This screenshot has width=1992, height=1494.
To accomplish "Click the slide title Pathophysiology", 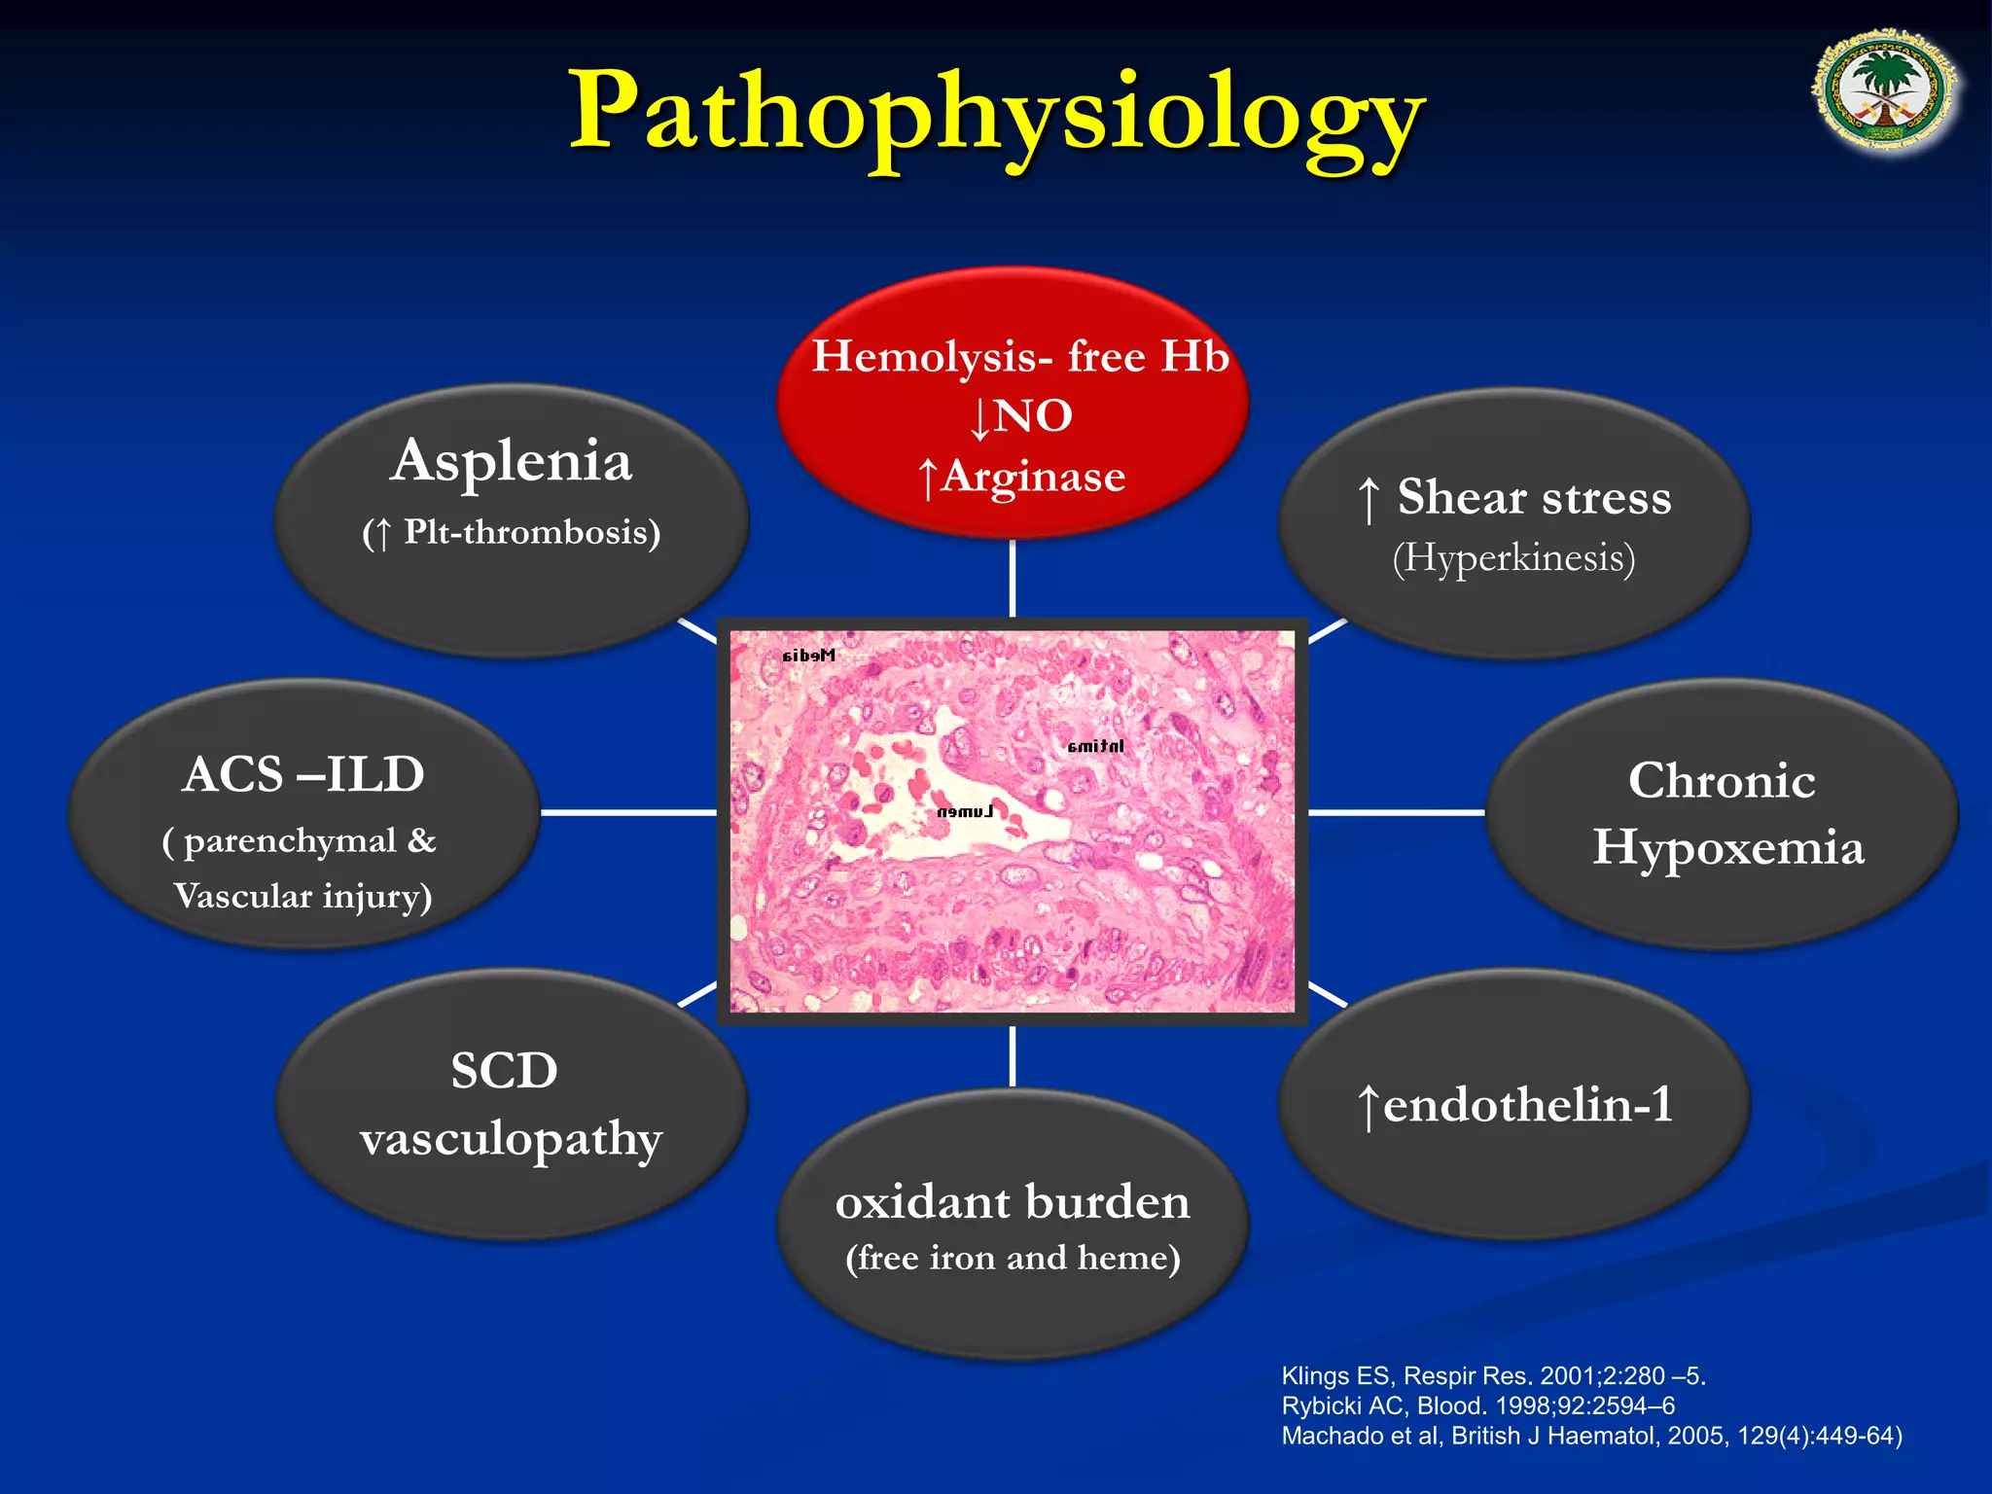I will pos(996,115).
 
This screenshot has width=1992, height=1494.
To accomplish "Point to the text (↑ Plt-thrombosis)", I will pos(512,533).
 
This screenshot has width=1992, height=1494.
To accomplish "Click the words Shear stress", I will pos(1534,497).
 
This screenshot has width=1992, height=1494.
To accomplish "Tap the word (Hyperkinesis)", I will pos(1513,558).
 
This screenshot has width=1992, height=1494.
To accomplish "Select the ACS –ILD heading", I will pos(303,775).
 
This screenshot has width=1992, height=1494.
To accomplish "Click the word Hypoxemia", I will pos(1727,847).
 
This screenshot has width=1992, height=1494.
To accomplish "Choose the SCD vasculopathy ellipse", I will pos(512,1104).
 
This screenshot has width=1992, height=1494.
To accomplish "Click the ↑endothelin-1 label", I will pos(1514,1105).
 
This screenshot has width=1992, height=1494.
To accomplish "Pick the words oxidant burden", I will pos(1013,1202).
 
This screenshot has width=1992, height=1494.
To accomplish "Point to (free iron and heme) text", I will pos(1013,1258).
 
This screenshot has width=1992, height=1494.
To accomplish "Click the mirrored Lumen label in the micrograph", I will pos(965,811).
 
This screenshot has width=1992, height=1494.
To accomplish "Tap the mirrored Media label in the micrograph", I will pos(808,656).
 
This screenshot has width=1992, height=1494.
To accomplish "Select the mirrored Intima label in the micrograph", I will pos(1095,746).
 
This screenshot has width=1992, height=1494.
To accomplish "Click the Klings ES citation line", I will pos(1493,1375).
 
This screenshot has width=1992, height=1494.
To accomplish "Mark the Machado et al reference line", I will pos(1591,1436).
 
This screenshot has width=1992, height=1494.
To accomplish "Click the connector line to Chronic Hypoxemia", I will pos(1396,811).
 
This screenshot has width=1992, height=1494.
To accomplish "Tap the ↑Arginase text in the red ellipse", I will pos(1021,477).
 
